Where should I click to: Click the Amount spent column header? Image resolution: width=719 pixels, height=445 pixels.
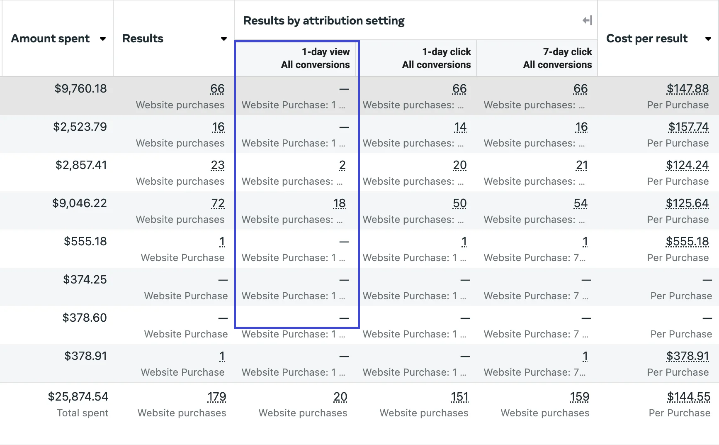[50, 39]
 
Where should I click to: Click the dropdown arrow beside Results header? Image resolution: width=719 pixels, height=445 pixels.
[224, 39]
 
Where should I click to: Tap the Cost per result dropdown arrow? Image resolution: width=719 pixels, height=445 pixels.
[708, 39]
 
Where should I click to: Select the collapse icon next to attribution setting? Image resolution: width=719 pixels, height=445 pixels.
[587, 20]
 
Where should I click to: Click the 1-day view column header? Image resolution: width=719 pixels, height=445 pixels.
[315, 58]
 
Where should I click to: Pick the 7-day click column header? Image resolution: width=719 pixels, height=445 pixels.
[557, 58]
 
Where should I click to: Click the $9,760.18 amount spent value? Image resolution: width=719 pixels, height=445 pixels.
[80, 89]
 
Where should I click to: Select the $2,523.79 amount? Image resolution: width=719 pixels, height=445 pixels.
[80, 127]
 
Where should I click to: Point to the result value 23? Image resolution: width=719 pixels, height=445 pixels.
[218, 165]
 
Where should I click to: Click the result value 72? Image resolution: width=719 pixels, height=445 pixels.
[218, 203]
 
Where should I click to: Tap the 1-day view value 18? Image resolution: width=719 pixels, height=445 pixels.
[339, 203]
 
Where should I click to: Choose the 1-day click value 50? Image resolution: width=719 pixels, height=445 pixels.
[459, 203]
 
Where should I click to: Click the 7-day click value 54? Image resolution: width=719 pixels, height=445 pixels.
[581, 203]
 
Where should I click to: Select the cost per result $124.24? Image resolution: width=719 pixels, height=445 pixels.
[687, 165]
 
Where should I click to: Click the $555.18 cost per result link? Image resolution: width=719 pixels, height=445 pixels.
[687, 242]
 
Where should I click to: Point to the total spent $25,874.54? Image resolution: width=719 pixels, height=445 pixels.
[78, 397]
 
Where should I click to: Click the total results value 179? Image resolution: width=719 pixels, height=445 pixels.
[217, 397]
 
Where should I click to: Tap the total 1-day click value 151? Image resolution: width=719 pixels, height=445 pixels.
[459, 397]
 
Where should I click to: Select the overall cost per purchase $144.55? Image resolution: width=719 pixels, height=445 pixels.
[688, 397]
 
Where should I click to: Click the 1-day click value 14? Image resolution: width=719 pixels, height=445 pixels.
[460, 127]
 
